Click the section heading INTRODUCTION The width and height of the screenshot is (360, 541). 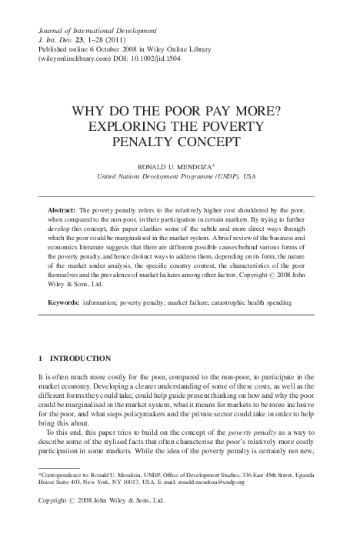81,359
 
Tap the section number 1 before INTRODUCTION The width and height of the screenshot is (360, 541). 40,359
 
